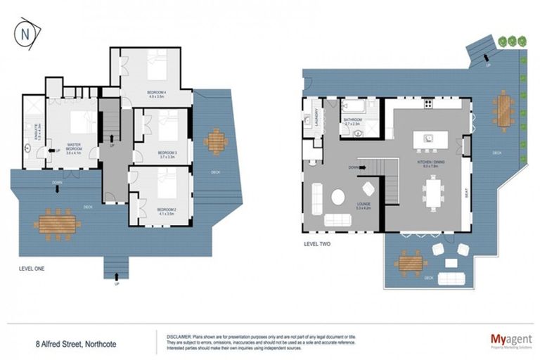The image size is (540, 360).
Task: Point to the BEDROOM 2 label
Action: [x=166, y=210]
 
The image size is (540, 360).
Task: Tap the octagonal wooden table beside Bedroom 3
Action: [x=215, y=141]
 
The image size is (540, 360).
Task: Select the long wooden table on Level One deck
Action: [x=57, y=224]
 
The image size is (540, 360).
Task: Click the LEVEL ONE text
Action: [x=34, y=269]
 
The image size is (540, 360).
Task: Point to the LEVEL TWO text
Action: [x=317, y=245]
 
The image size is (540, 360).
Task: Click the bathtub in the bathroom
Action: [x=353, y=106]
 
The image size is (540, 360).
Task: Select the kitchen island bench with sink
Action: [x=427, y=139]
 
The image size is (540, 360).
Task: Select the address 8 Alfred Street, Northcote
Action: [x=76, y=344]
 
